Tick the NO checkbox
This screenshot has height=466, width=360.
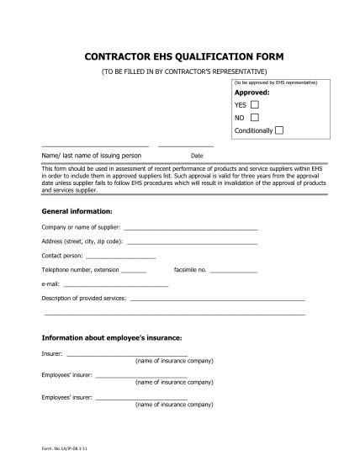click(254, 117)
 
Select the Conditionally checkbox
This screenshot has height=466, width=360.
click(279, 130)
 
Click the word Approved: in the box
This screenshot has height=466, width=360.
click(251, 93)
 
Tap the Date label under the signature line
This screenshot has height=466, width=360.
click(198, 156)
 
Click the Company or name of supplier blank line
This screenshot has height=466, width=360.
click(190, 229)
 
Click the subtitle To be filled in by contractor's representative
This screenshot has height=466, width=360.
click(180, 71)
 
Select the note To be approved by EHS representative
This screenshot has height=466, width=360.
click(276, 84)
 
